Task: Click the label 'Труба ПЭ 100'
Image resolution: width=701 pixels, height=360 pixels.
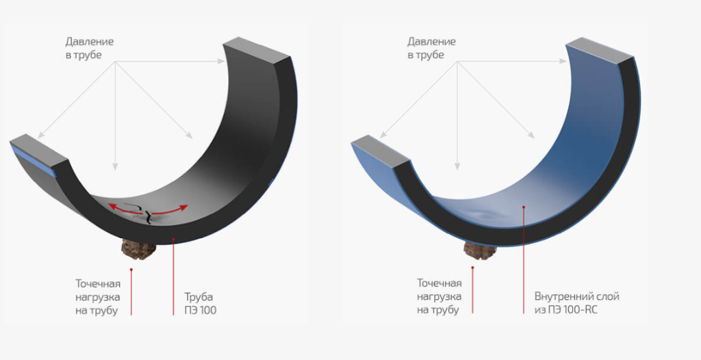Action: click(201, 303)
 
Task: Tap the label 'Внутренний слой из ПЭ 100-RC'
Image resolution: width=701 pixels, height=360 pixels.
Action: click(576, 303)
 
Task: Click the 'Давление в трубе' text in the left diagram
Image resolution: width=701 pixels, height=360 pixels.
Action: click(90, 49)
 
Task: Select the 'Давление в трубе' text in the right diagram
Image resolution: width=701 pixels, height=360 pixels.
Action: click(431, 49)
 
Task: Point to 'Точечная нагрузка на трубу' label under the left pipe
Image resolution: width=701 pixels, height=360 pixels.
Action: click(97, 297)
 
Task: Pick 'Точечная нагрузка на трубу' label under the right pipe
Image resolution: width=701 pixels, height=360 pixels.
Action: click(439, 297)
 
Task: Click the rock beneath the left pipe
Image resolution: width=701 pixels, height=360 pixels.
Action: click(138, 250)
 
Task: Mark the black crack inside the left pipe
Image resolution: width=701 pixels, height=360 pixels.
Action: click(146, 213)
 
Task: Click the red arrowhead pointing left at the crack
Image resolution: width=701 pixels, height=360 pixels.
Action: click(112, 207)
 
